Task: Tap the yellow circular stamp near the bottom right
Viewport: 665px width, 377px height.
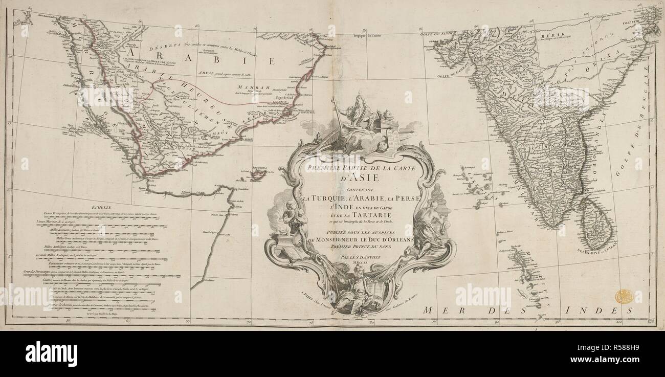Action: (x=624, y=296)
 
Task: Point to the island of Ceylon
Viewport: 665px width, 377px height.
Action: (x=595, y=220)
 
